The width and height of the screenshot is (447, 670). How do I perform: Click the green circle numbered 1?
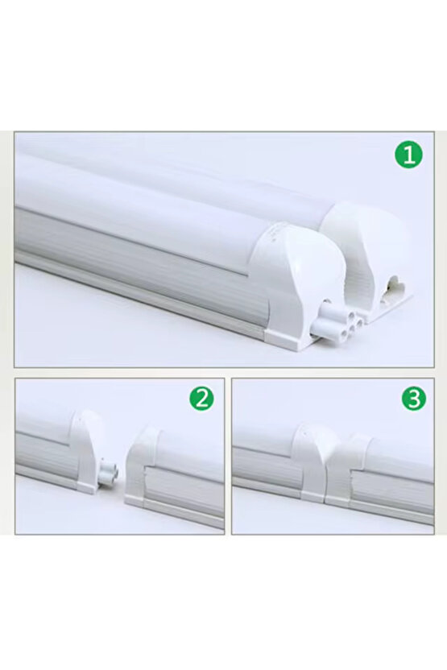click(x=408, y=155)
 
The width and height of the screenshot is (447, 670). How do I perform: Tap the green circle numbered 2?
click(x=201, y=398)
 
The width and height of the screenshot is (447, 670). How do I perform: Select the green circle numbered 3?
click(x=414, y=398)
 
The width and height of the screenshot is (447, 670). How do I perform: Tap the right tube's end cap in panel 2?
click(x=145, y=467)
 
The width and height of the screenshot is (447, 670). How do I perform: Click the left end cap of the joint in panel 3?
click(x=310, y=459)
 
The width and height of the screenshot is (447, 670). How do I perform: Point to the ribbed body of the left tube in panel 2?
click(x=44, y=455)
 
